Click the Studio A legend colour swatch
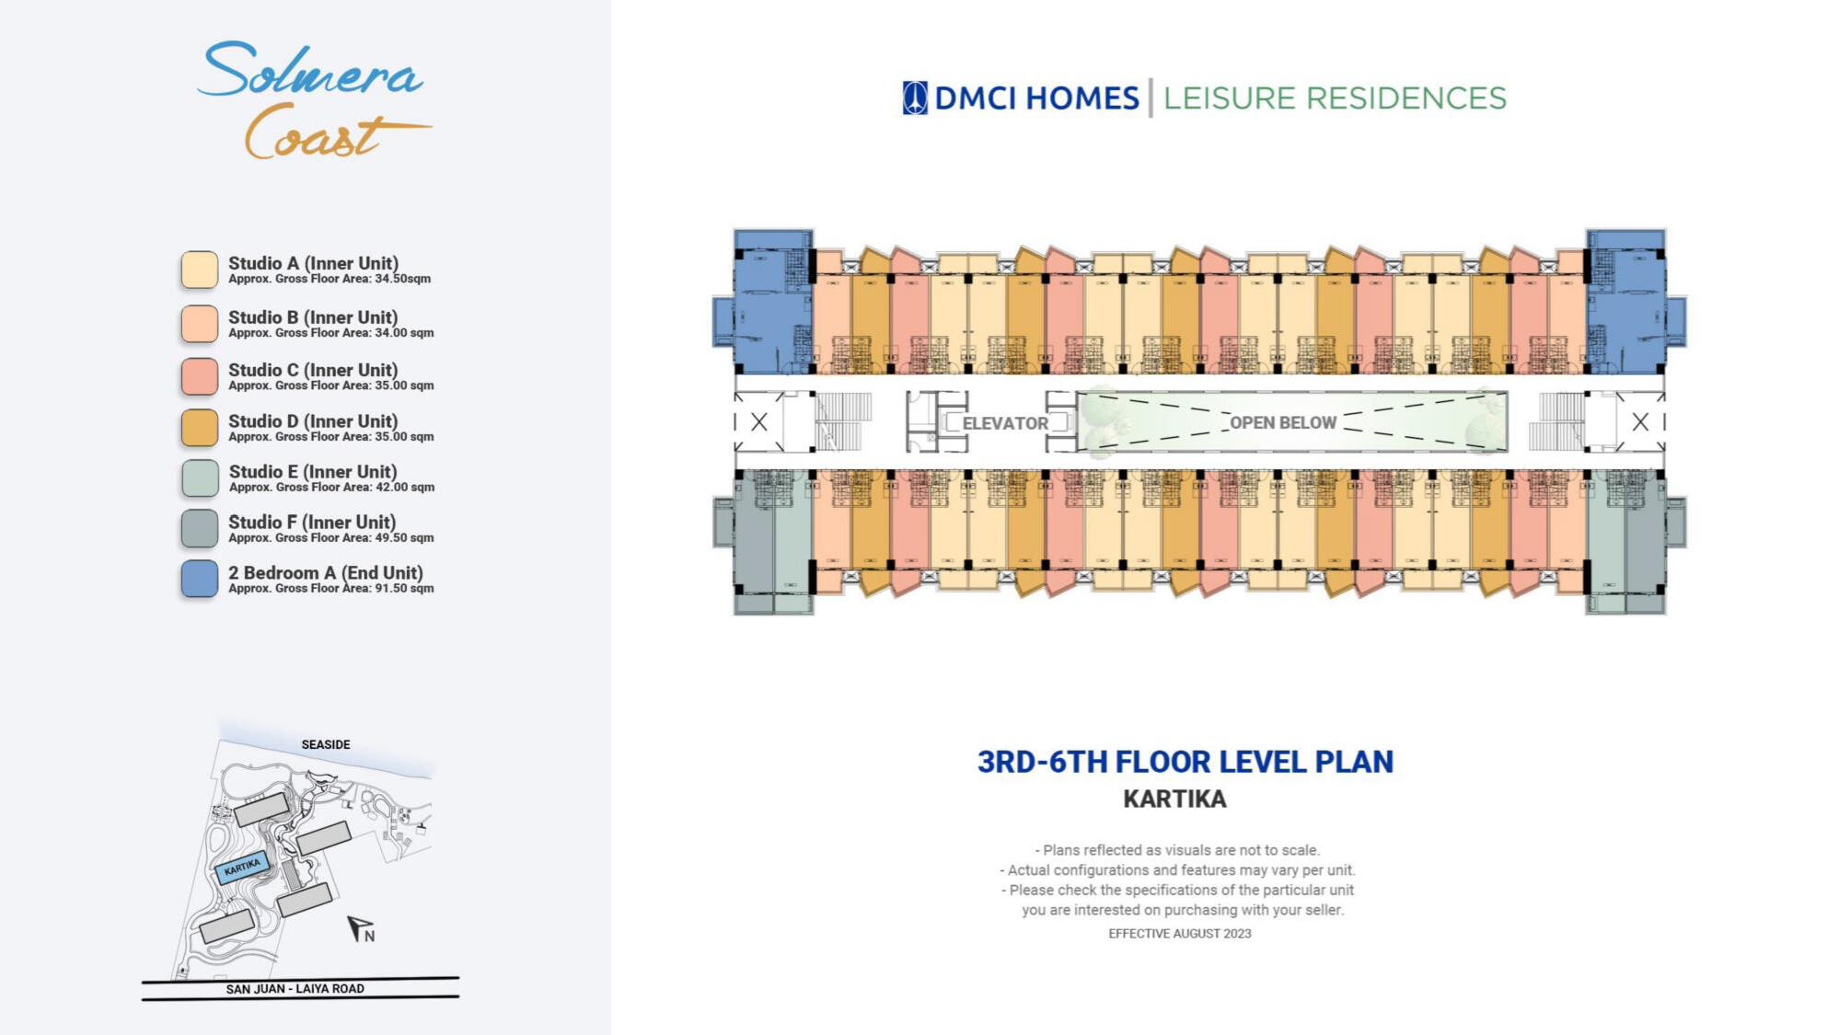click(x=200, y=270)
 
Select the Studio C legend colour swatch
click(x=200, y=376)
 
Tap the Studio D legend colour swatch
click(x=200, y=428)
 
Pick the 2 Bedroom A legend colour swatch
click(x=200, y=579)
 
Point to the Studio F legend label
click(x=312, y=523)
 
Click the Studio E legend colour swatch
click(x=200, y=478)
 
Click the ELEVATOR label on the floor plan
click(x=1005, y=423)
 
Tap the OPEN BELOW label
click(x=1283, y=422)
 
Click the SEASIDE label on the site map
click(x=326, y=744)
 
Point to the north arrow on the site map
click(x=360, y=929)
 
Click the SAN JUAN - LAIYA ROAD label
click(x=295, y=989)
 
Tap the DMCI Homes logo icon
click(x=915, y=98)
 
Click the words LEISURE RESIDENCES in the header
click(x=1335, y=98)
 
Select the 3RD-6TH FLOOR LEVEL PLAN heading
click(x=1186, y=762)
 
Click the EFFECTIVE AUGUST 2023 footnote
click(x=1179, y=934)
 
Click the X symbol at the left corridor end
click(x=759, y=422)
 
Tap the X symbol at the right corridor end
click(x=1640, y=422)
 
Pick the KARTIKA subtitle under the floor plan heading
click(x=1174, y=799)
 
